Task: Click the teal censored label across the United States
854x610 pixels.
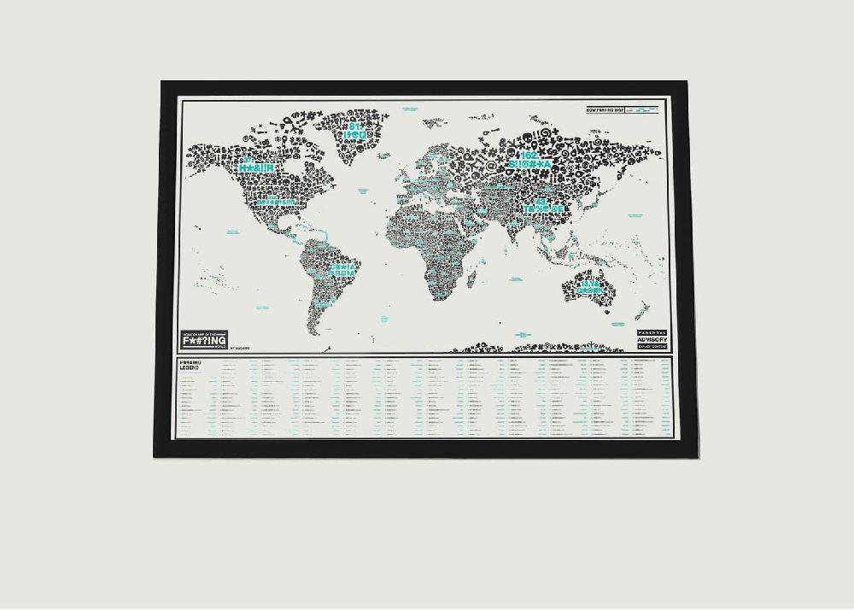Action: (272, 201)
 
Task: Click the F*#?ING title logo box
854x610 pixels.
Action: (205, 339)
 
